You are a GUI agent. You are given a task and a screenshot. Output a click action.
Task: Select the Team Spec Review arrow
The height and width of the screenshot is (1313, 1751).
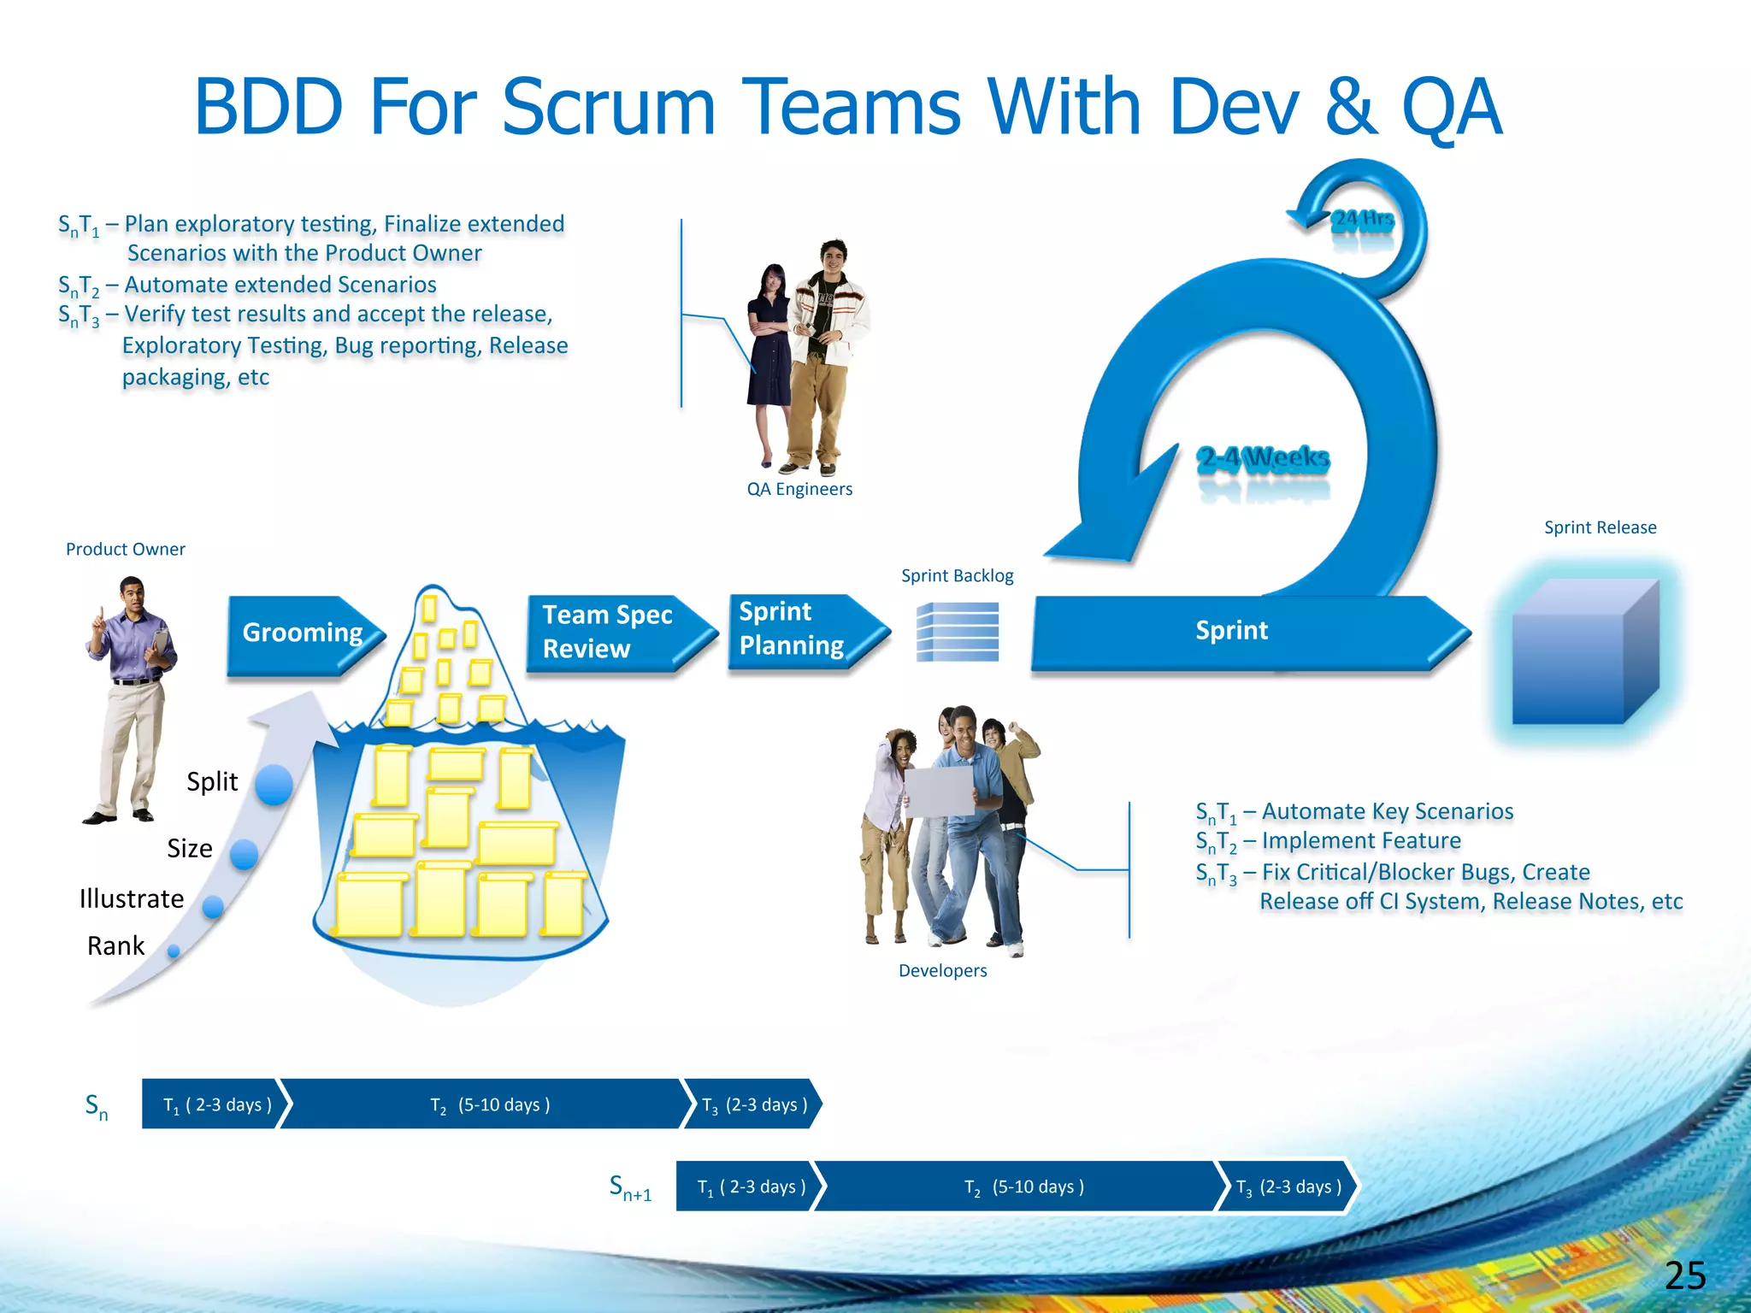point(609,632)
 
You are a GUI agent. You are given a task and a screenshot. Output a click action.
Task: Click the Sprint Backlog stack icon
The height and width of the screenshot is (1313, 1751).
point(957,632)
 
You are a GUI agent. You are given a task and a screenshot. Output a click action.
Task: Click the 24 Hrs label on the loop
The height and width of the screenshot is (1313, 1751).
point(1363,221)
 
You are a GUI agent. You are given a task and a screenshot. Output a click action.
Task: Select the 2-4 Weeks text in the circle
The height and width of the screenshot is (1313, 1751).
point(1263,460)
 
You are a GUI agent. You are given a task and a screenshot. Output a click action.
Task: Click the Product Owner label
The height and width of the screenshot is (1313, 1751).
point(126,550)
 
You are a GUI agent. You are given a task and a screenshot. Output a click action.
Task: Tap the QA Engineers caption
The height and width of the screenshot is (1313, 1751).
point(799,490)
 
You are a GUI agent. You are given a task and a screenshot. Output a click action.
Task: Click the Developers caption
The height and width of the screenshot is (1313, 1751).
point(942,971)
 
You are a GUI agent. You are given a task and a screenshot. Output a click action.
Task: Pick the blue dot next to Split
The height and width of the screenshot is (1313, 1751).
point(274,784)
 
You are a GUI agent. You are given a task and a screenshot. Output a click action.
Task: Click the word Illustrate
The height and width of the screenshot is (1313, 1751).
point(132,899)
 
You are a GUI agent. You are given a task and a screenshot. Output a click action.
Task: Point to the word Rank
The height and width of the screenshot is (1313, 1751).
point(116,946)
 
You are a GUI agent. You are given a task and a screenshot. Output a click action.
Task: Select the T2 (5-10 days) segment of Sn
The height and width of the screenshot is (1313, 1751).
point(489,1104)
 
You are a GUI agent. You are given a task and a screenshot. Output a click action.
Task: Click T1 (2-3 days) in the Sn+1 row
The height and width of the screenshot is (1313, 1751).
point(751,1186)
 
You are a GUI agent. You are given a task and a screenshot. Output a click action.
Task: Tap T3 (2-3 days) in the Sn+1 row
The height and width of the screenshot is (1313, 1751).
point(1288,1186)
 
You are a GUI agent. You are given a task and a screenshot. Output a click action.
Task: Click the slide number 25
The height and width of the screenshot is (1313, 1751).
point(1684,1276)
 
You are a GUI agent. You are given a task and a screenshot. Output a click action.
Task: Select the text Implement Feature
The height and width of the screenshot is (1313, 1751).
point(1360,841)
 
